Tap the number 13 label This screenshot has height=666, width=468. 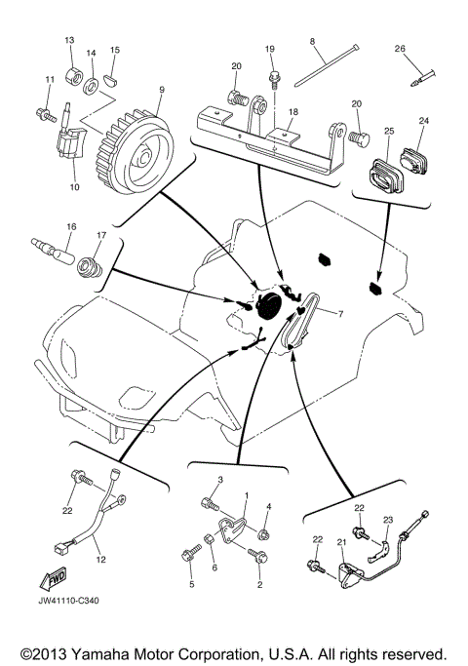coord(69,40)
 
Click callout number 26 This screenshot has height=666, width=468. coord(400,49)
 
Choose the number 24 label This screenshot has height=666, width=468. coord(423,122)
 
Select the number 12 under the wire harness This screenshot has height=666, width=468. coord(98,561)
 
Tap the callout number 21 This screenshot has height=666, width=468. coord(341,542)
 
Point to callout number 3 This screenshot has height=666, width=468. coord(220,481)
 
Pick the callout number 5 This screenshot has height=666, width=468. coord(192,585)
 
